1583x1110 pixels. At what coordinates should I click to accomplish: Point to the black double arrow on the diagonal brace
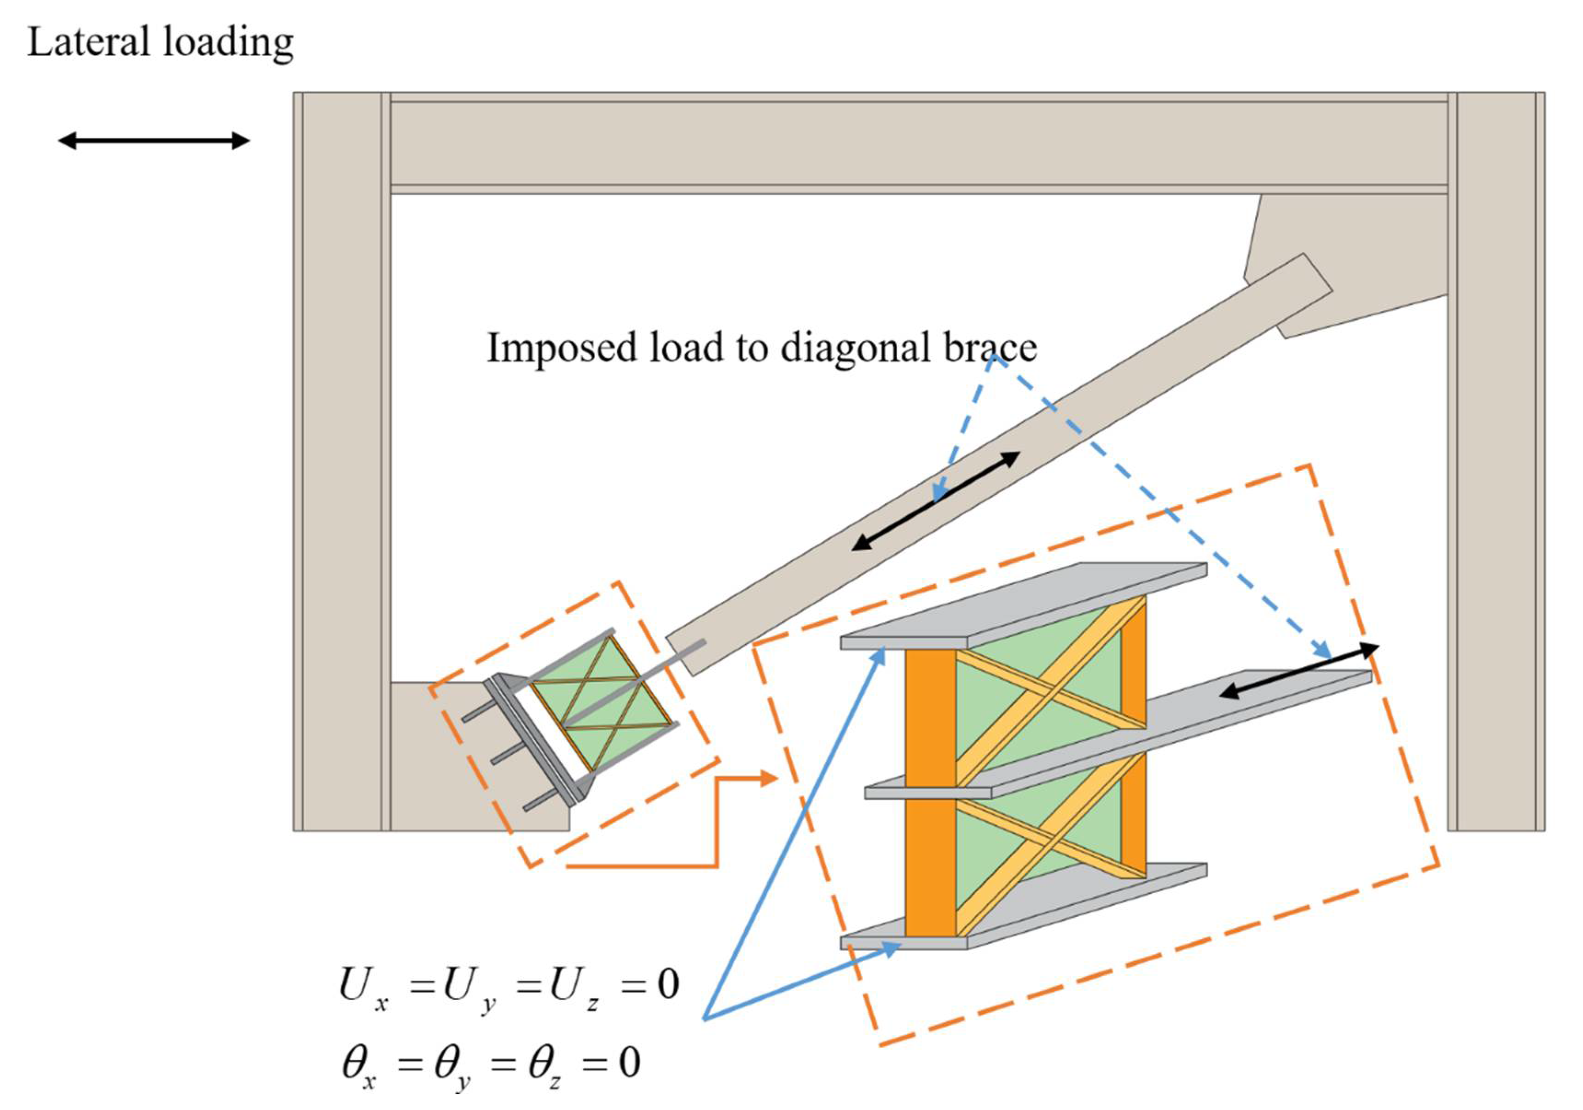[x=936, y=501]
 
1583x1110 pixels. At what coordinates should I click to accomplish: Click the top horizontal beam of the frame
[x=917, y=143]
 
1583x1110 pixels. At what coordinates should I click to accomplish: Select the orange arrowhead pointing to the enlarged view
[x=768, y=779]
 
